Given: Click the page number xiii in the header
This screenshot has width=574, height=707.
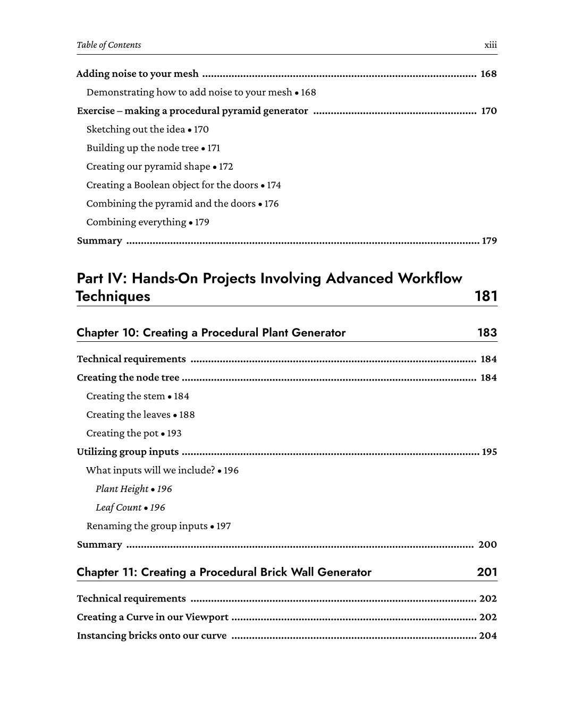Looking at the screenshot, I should (491, 45).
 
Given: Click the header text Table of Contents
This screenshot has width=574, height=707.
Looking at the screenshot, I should (109, 45).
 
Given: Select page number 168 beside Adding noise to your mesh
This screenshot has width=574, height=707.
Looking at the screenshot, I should (488, 74).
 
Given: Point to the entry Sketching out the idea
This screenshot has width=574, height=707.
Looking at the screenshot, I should (136, 130).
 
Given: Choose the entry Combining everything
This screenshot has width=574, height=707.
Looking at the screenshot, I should (136, 222).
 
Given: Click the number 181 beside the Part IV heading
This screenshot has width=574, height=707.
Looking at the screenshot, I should (485, 296).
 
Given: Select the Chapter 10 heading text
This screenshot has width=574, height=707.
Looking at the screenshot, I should (211, 333).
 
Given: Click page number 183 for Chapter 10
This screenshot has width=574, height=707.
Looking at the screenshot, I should (487, 333).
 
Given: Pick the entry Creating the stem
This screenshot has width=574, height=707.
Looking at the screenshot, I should (125, 396).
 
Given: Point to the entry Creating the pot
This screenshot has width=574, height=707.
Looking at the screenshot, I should (122, 434).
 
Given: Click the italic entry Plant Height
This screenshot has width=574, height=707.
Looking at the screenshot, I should (122, 489).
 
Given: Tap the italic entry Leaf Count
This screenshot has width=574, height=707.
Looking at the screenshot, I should (119, 508).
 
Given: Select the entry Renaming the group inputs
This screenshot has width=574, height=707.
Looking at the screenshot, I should (147, 527).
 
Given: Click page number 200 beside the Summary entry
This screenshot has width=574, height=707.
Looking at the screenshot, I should (487, 545).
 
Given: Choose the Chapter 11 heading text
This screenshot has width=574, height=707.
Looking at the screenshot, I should (224, 572).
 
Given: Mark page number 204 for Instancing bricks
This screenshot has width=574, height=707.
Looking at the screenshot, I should (487, 636).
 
